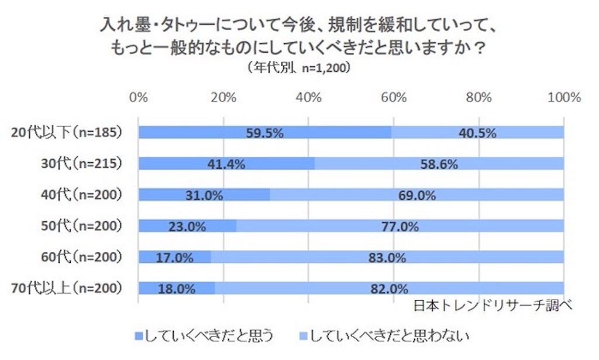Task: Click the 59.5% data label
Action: coord(264,133)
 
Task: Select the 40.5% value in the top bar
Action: coord(477,133)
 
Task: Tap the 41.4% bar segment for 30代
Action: coord(226,164)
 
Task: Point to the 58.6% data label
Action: coord(439,164)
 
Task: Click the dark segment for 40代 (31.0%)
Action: coord(204,195)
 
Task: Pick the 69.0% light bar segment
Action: coord(417,195)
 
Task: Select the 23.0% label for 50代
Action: coord(187,227)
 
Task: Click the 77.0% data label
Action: coord(400,227)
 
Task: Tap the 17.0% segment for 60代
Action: coord(174,257)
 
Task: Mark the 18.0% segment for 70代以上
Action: coord(177,288)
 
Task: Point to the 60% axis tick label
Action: coord(394,97)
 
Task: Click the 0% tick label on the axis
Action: coord(138,97)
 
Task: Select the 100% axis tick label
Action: coord(564,97)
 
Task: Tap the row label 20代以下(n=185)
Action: coord(67,132)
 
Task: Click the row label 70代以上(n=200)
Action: coord(67,288)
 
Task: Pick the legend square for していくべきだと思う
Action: coord(139,337)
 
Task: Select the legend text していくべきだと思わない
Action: coord(389,336)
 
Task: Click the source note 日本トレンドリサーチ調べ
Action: coord(493,306)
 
